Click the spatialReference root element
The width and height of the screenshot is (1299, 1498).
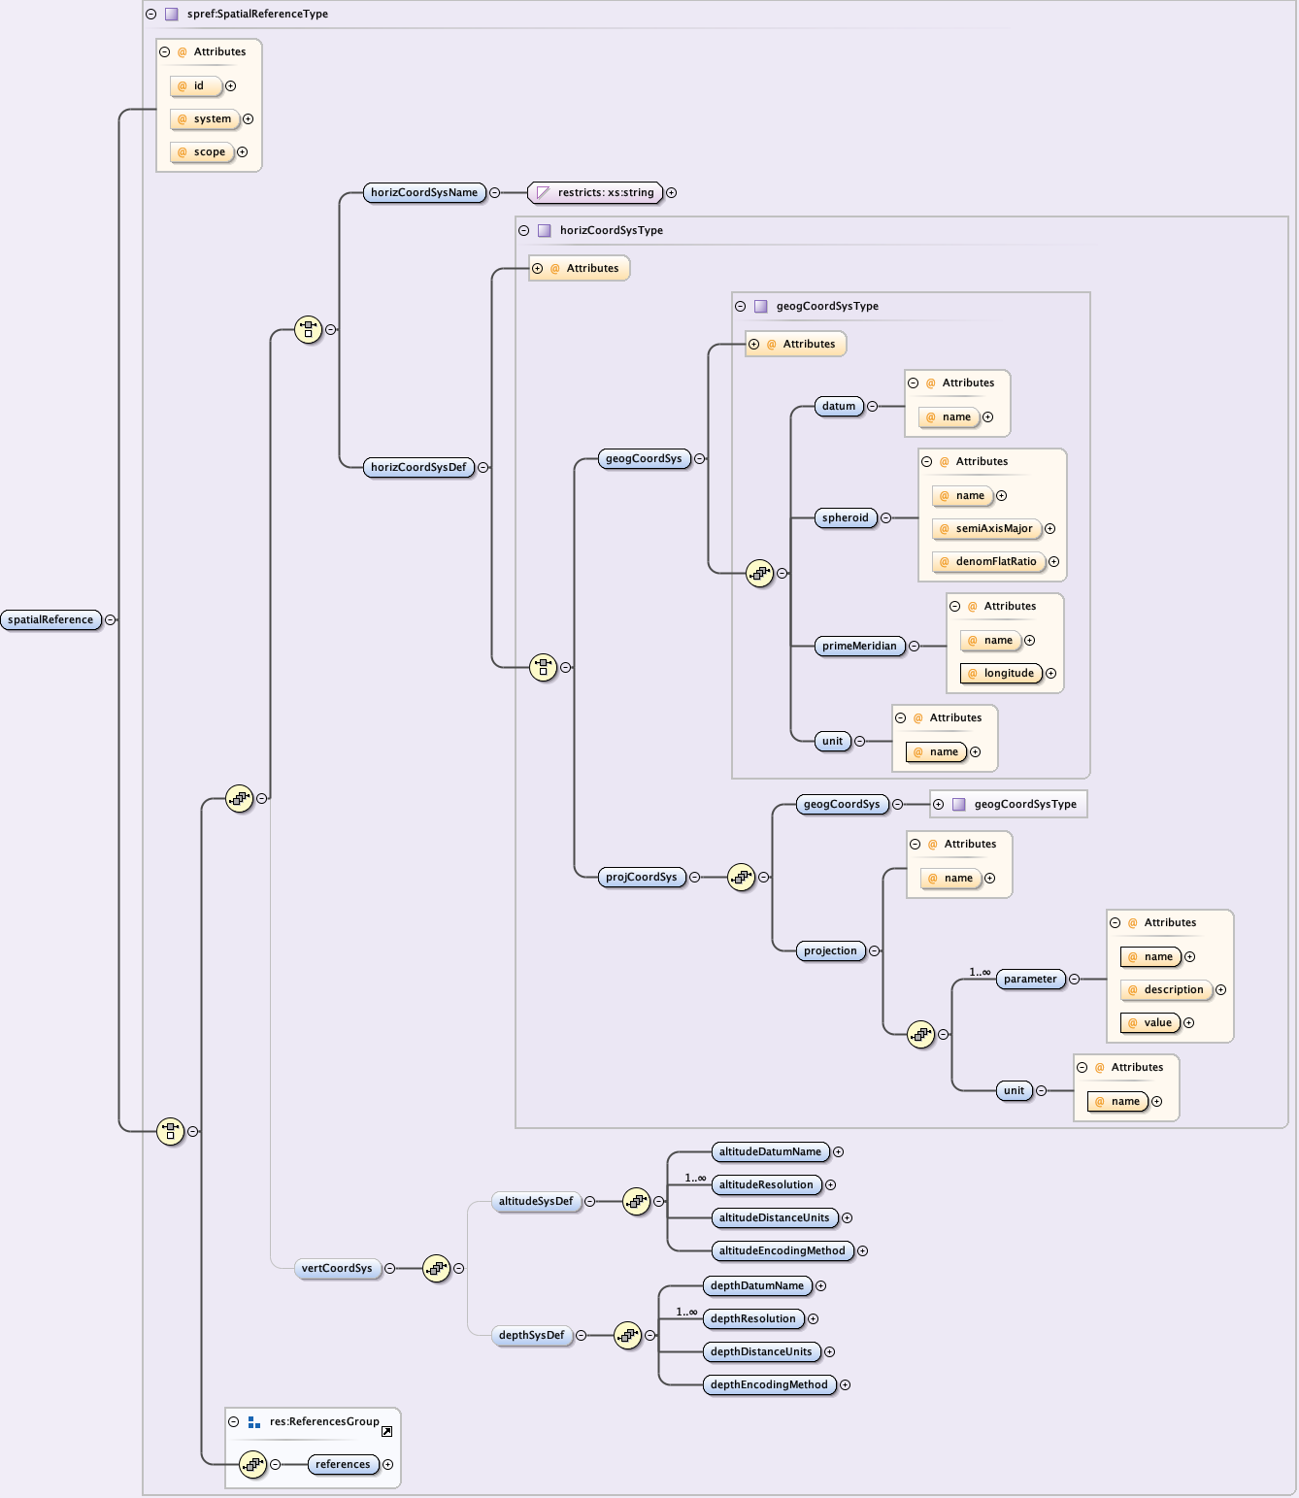[50, 619]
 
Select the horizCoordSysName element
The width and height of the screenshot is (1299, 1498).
[424, 192]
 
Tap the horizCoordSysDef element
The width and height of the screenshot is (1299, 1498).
[418, 467]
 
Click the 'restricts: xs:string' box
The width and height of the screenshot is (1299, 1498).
[596, 192]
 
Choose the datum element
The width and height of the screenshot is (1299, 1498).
[839, 406]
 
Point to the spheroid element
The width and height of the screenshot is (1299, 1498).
[845, 517]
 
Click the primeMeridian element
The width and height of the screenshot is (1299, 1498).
[859, 646]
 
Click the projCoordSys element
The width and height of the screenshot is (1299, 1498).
[641, 877]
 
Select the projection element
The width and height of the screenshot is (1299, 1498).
[830, 950]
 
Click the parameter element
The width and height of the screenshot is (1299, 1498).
[1030, 979]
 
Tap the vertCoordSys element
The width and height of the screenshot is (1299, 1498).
[337, 1268]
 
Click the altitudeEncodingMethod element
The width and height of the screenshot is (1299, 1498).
[782, 1250]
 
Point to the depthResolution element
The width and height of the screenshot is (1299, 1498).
[753, 1318]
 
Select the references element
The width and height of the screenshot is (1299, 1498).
[343, 1464]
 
